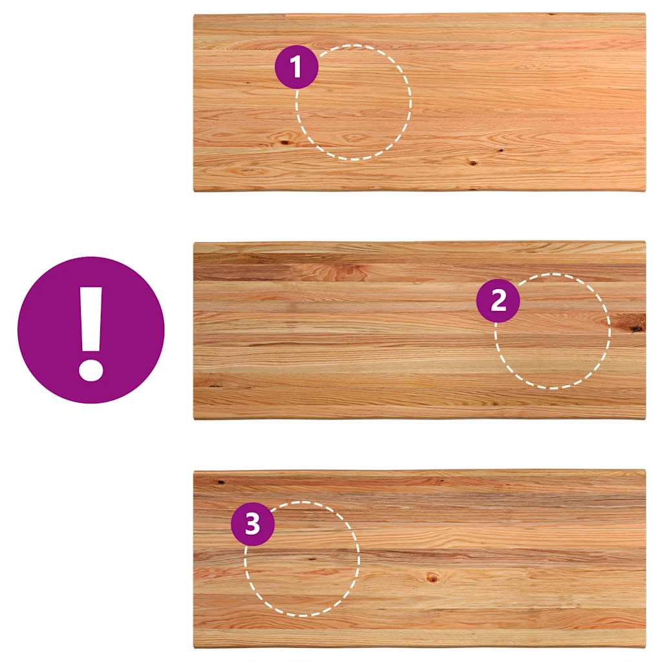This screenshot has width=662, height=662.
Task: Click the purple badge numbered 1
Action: coord(296,67)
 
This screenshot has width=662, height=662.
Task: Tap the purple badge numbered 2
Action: coord(498,301)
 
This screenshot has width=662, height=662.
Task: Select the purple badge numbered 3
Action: coord(253,524)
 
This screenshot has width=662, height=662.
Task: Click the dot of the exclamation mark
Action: coord(91,369)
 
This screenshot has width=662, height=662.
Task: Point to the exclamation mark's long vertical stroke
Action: coord(91,319)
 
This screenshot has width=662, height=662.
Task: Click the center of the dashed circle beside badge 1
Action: coord(354,102)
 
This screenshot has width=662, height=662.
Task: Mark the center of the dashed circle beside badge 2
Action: coord(552,331)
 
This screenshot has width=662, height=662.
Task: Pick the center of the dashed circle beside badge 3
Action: coord(303,559)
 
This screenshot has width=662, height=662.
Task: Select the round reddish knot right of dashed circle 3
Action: coord(432,577)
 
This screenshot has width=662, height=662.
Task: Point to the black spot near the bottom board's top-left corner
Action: coord(220,482)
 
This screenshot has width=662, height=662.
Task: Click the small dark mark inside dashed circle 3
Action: coord(312,559)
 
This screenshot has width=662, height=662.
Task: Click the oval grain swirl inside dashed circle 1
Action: coord(354,138)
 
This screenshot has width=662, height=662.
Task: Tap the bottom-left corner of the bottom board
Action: coord(195,647)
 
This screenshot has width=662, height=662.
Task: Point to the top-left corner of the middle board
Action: coord(194,243)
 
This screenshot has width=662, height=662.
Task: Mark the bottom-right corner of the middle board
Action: coord(645,418)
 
